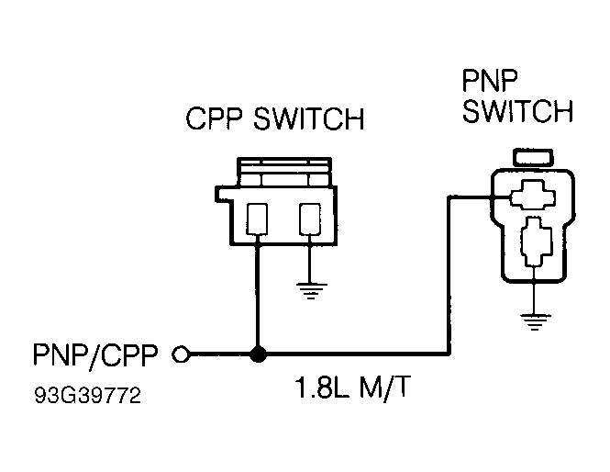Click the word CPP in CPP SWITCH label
pyautogui.click(x=216, y=120)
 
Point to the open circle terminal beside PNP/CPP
pyautogui.click(x=182, y=354)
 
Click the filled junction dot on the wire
pyautogui.click(x=259, y=354)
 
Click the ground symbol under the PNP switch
pyautogui.click(x=533, y=320)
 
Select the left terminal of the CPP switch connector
pyautogui.click(x=259, y=219)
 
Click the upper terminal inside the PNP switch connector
pyautogui.click(x=533, y=194)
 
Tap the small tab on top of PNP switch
pyautogui.click(x=533, y=157)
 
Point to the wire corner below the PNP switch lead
pyautogui.click(x=448, y=354)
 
